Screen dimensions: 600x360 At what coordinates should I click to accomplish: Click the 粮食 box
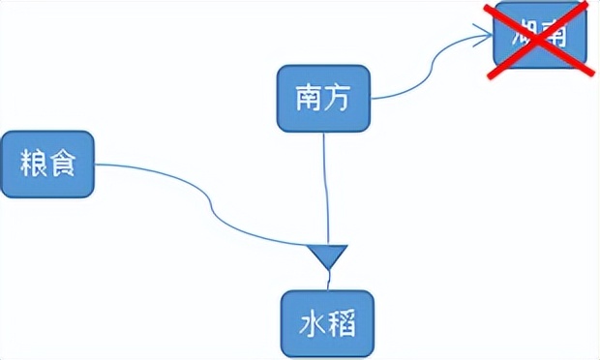46,164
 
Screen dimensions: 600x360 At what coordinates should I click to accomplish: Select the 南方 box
323,98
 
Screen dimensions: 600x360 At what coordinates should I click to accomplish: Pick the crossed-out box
539,40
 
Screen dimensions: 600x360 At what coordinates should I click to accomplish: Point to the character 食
60,164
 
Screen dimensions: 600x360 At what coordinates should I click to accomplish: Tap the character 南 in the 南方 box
310,98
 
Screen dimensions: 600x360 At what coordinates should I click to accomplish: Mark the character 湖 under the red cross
523,40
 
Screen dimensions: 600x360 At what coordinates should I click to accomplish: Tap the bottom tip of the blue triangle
329,270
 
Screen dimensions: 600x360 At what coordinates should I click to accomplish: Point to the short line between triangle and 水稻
329,281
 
